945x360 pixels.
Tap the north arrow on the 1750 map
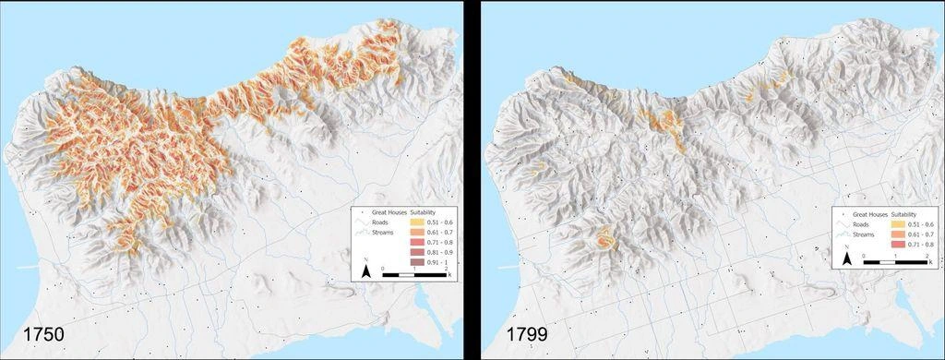point(365,271)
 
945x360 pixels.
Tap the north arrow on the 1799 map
point(846,260)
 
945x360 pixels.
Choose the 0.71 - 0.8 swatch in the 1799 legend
point(900,245)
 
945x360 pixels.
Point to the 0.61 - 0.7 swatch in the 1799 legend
point(900,234)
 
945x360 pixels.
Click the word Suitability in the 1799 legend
point(908,213)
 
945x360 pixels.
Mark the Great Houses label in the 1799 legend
point(869,213)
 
